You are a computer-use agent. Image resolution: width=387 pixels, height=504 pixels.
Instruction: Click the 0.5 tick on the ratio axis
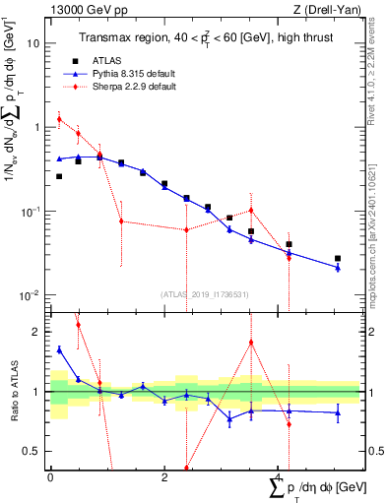click(x=32, y=451)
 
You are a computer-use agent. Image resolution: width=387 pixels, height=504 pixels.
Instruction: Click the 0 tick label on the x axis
click(x=49, y=477)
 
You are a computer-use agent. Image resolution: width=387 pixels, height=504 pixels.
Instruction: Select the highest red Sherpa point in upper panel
click(x=59, y=119)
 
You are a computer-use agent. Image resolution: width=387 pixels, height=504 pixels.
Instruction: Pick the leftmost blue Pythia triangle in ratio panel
click(x=59, y=349)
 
